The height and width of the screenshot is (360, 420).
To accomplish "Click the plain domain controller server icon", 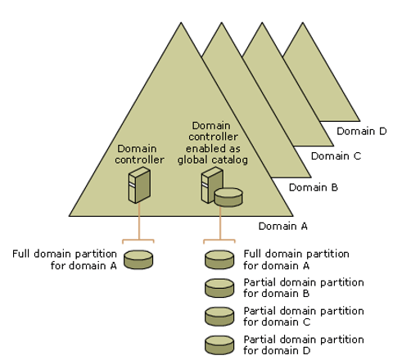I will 138,187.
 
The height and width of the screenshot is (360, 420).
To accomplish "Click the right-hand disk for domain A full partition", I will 219,259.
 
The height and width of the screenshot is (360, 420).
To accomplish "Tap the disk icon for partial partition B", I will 219,287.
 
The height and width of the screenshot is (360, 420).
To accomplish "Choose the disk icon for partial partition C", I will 219,316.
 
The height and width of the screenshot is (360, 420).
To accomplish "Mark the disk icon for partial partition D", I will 219,344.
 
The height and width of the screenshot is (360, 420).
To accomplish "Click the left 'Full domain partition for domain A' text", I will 65,259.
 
